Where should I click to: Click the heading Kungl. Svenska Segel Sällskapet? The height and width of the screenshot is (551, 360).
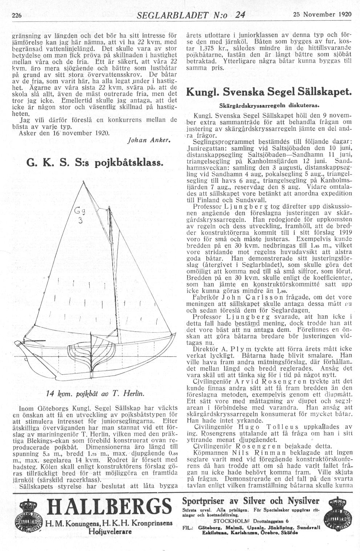click(x=269, y=92)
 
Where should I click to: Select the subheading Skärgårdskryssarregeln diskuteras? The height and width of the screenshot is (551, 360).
click(x=269, y=106)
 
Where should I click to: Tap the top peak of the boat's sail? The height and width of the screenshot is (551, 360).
click(x=84, y=181)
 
